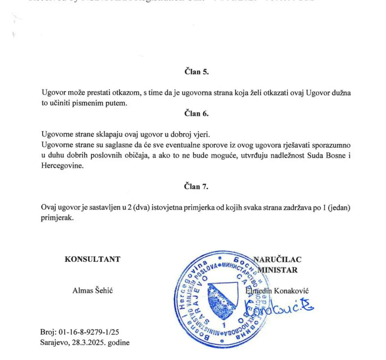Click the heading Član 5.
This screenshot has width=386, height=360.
[196, 72]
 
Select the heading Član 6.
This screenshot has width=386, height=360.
[196, 113]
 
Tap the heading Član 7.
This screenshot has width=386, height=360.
[196, 186]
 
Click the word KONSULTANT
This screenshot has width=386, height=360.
[92, 259]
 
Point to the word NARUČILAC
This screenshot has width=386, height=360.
[277, 259]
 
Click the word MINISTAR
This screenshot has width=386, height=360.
[278, 270]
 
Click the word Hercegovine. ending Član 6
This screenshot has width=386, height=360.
[60, 165]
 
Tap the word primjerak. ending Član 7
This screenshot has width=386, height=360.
[57, 218]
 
